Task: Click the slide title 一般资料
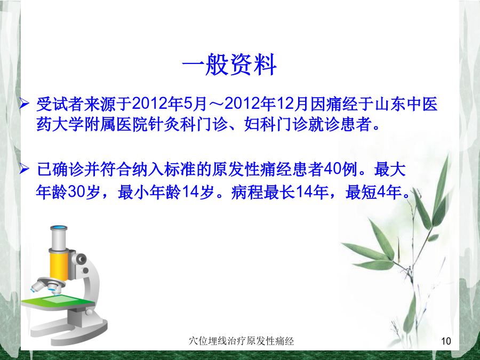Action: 229,65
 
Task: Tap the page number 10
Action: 446,341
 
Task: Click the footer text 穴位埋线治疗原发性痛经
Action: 241,341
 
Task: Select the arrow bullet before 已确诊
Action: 24,169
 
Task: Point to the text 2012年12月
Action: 266,104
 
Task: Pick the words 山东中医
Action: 406,104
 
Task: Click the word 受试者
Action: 60,104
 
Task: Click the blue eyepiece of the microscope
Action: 59,228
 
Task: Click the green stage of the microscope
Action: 58,301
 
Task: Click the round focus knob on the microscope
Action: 81,260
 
